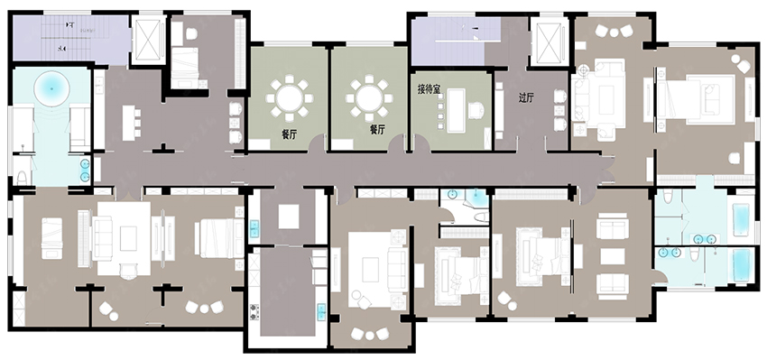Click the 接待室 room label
pos(429,89)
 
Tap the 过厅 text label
pos(526,97)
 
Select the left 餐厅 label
pos(289,134)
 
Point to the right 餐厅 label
pos(377,130)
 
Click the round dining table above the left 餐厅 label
pos(290,97)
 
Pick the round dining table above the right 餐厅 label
pos(369,97)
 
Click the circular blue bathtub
pos(51,89)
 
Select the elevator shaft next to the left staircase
pos(149,40)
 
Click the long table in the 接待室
pos(456,110)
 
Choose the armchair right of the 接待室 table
pos(476,111)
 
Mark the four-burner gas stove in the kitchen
pos(254,311)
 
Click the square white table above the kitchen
pos(289,217)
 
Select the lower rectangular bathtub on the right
pos(742,265)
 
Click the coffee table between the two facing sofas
pos(613,256)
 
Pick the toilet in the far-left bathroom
pos(22,177)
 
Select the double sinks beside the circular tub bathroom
pos(85,171)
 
